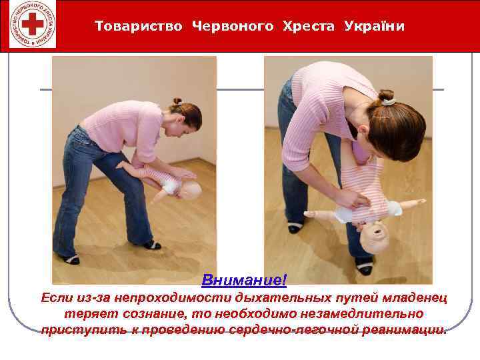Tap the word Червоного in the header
pyautogui.click(x=233, y=26)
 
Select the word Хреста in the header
pyautogui.click(x=310, y=26)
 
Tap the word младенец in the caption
pyautogui.click(x=415, y=297)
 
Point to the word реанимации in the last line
pyautogui.click(x=405, y=330)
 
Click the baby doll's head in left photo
pyautogui.click(x=189, y=191)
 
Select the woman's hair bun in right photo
pyautogui.click(x=387, y=97)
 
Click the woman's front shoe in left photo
pyautogui.click(x=153, y=245)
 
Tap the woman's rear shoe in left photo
pyautogui.click(x=69, y=258)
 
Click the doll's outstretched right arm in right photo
pyautogui.click(x=411, y=202)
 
